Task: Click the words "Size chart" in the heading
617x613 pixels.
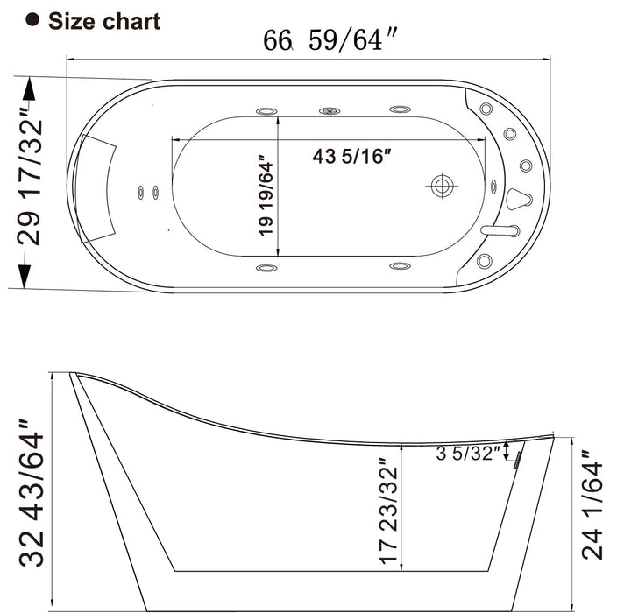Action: pyautogui.click(x=103, y=21)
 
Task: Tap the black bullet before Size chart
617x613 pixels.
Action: pyautogui.click(x=34, y=21)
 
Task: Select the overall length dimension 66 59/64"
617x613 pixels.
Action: pyautogui.click(x=323, y=41)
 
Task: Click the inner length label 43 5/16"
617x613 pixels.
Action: pyautogui.click(x=351, y=158)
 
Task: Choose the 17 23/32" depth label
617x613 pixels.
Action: pyautogui.click(x=388, y=511)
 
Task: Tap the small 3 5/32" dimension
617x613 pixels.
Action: pyautogui.click(x=469, y=454)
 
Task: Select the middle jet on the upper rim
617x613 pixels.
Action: pyautogui.click(x=330, y=111)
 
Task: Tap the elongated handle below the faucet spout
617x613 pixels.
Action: pyautogui.click(x=500, y=230)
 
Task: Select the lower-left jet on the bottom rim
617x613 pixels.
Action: pyautogui.click(x=266, y=266)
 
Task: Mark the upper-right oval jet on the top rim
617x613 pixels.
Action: pyautogui.click(x=400, y=110)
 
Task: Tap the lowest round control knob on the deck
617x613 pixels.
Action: pyautogui.click(x=486, y=260)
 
